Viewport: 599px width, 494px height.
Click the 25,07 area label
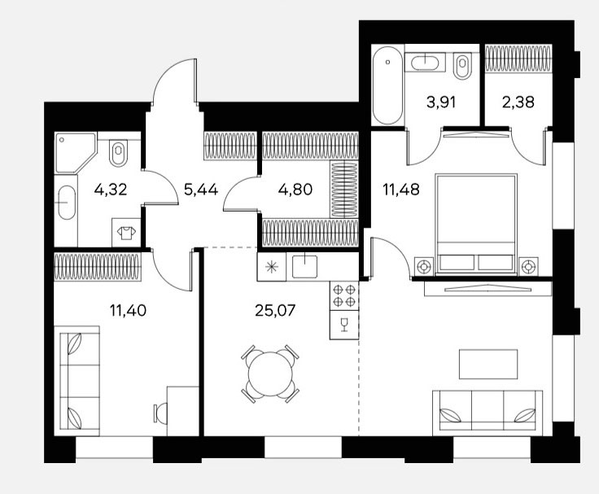tap(275, 310)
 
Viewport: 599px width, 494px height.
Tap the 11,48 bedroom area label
tap(401, 189)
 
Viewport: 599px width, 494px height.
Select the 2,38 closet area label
tap(518, 102)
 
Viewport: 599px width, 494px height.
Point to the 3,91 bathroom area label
tap(441, 102)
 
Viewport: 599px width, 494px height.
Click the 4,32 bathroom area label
tap(111, 189)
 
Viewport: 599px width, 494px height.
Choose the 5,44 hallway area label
tap(201, 189)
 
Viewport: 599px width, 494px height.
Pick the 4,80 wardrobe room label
tap(295, 189)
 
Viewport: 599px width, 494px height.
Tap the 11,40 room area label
tap(128, 310)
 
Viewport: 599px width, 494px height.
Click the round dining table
tap(270, 374)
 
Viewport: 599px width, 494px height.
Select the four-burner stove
tap(344, 295)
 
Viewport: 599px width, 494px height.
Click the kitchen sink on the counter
tap(305, 266)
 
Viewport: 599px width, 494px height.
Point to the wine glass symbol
tap(344, 325)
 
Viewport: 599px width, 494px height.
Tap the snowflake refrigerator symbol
tap(272, 267)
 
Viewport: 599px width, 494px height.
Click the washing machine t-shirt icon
tap(126, 233)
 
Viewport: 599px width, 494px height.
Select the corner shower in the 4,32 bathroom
tap(75, 152)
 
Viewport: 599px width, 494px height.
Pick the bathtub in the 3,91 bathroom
tap(387, 85)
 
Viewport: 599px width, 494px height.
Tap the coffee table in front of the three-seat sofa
tap(488, 364)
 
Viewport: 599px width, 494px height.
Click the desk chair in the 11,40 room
tap(160, 413)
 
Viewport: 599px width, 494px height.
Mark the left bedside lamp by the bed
tap(424, 266)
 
